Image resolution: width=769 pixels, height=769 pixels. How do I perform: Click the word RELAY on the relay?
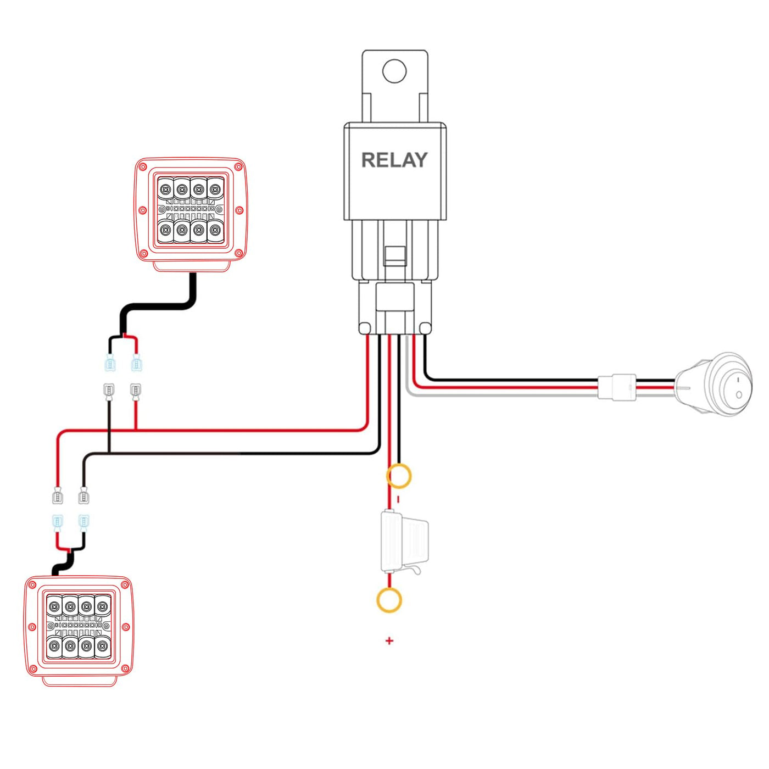(394, 160)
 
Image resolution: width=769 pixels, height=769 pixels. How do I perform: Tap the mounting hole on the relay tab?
(394, 71)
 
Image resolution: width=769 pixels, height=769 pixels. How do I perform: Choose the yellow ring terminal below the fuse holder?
(389, 600)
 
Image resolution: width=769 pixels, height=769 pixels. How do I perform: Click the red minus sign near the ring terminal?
(398, 499)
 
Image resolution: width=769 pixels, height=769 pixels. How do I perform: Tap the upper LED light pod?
(191, 215)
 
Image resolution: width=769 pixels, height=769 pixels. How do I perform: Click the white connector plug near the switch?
(616, 387)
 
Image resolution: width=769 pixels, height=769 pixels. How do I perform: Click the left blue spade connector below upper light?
(110, 363)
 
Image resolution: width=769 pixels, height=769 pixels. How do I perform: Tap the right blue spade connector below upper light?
(136, 363)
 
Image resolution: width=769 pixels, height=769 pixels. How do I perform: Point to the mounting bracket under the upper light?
(192, 266)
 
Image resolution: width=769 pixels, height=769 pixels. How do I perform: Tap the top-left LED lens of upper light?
(165, 188)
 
